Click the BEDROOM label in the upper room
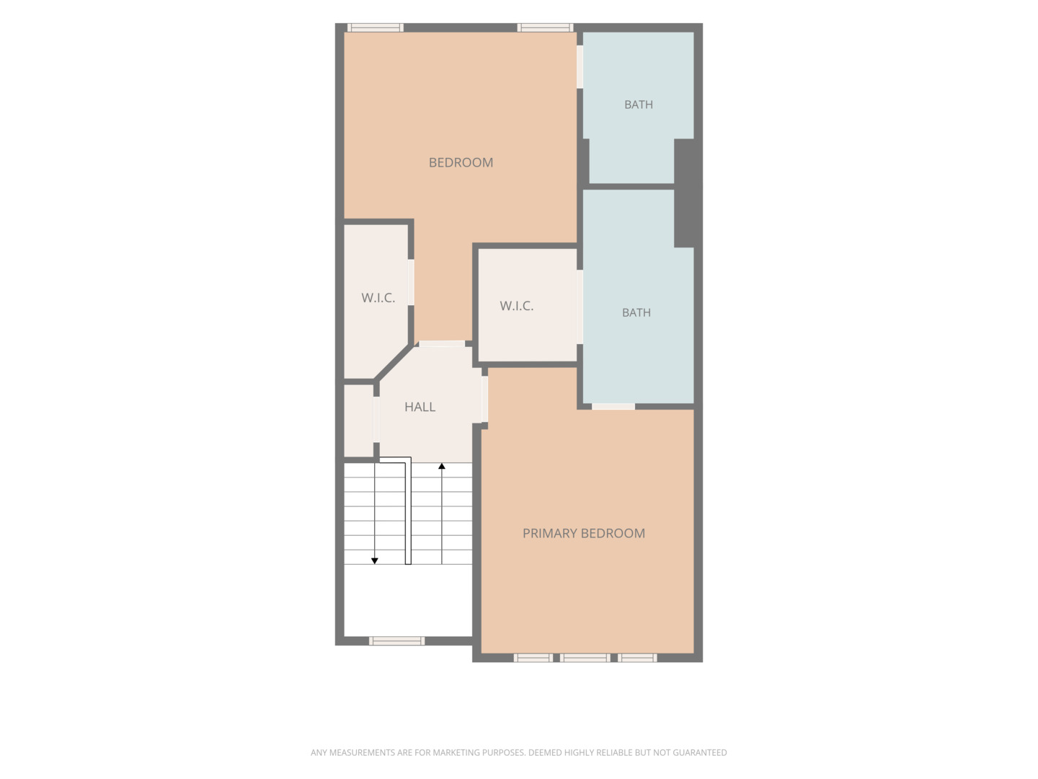(461, 163)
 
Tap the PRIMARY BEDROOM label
(584, 534)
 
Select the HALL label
(420, 408)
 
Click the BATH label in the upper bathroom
(639, 105)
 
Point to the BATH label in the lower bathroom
(636, 312)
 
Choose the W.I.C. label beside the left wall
(378, 298)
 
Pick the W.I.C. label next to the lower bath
(516, 306)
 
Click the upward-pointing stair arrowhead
(442, 467)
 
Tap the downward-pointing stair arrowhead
(375, 561)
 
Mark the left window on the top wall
(376, 27)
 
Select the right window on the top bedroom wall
(545, 27)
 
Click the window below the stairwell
(396, 641)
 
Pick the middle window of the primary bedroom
(585, 658)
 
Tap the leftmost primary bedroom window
(533, 658)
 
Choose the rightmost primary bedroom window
(637, 658)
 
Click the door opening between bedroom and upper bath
(580, 66)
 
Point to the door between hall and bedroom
(442, 344)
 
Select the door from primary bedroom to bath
(613, 407)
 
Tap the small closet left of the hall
(358, 421)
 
